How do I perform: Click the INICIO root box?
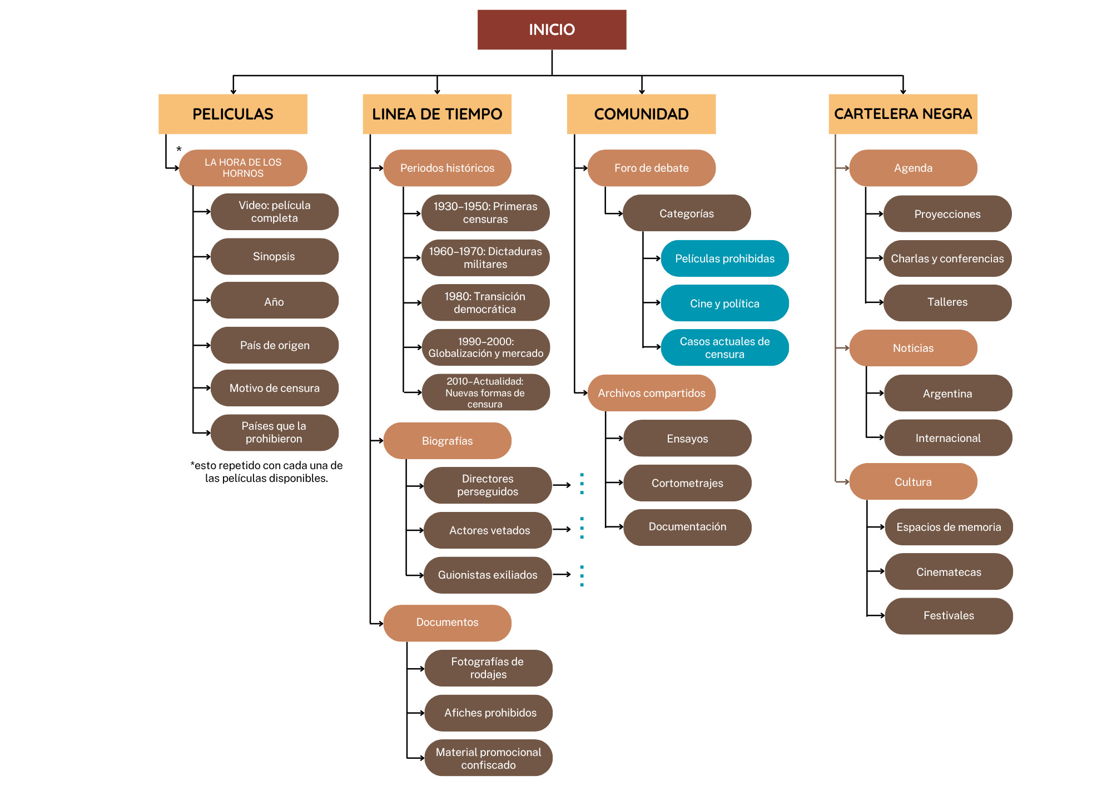[x=552, y=29]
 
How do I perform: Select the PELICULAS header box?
[x=232, y=114]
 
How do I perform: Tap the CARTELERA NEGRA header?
[x=902, y=114]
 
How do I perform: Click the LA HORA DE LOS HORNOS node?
[x=243, y=168]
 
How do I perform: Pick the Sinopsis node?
[x=274, y=256]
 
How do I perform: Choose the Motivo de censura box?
[x=274, y=388]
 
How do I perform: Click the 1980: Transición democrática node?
[x=485, y=302]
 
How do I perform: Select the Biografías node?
[x=447, y=441]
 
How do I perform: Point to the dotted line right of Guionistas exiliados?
[x=582, y=575]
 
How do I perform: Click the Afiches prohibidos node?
[x=489, y=713]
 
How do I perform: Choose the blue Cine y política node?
[x=724, y=303]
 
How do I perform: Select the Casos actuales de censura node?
[x=724, y=347]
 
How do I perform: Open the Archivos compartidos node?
[x=651, y=393]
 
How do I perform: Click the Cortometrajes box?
[x=687, y=483]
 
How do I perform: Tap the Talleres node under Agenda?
[x=947, y=302]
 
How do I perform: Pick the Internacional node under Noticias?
[x=948, y=438]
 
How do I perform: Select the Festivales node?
[x=949, y=615]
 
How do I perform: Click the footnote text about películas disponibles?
[x=266, y=471]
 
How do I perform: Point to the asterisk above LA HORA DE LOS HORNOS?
[x=179, y=149]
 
